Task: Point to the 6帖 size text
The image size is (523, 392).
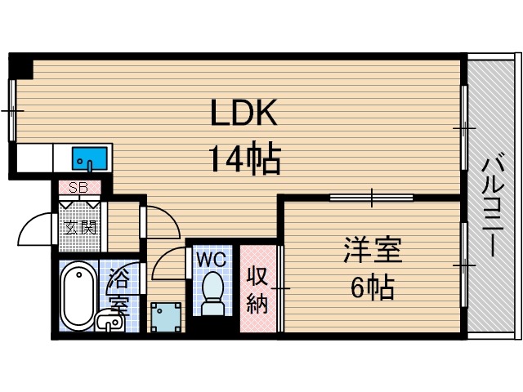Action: [x=372, y=287]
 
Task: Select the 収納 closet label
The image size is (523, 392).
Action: [x=257, y=290]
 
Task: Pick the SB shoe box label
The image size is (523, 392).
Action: [x=78, y=187]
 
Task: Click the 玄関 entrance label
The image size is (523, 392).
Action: [x=79, y=226]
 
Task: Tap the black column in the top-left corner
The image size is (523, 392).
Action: [x=21, y=66]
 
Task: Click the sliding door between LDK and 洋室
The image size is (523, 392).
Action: [x=372, y=196]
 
